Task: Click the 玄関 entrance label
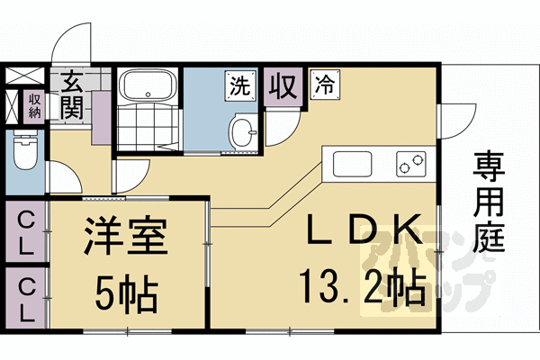tap(72, 95)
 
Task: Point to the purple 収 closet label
tap(282, 87)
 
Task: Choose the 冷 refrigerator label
tap(324, 86)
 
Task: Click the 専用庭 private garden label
tap(490, 202)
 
